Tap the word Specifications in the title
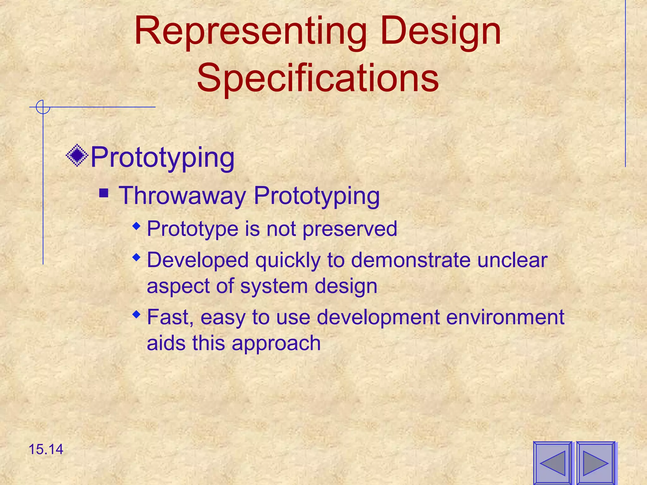tap(317, 78)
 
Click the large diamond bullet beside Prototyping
tap(77, 155)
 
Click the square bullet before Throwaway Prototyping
tap(104, 193)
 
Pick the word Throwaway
tap(182, 196)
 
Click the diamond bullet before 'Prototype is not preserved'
tap(136, 226)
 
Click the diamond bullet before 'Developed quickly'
tap(136, 258)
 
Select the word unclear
tap(512, 260)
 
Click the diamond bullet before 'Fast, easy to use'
tap(136, 314)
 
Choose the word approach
tap(276, 344)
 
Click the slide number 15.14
tap(46, 449)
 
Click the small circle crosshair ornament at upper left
tap(43, 107)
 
